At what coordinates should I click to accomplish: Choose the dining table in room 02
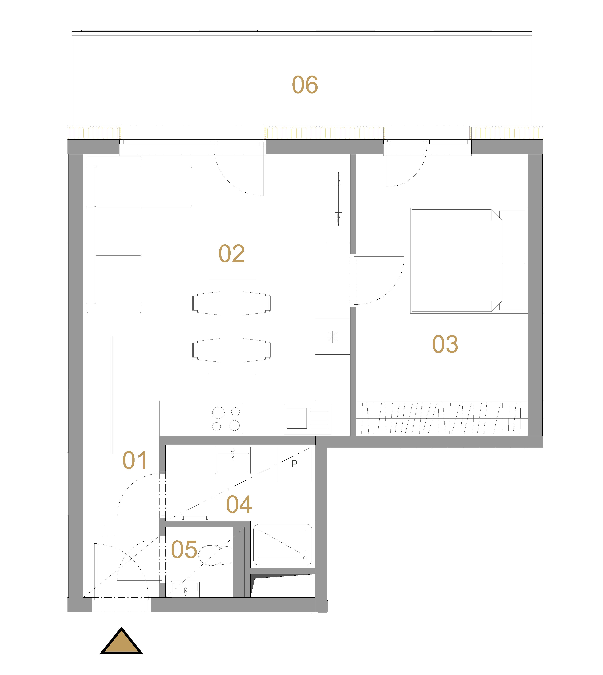coord(232,327)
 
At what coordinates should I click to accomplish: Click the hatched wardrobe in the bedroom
coord(442,418)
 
